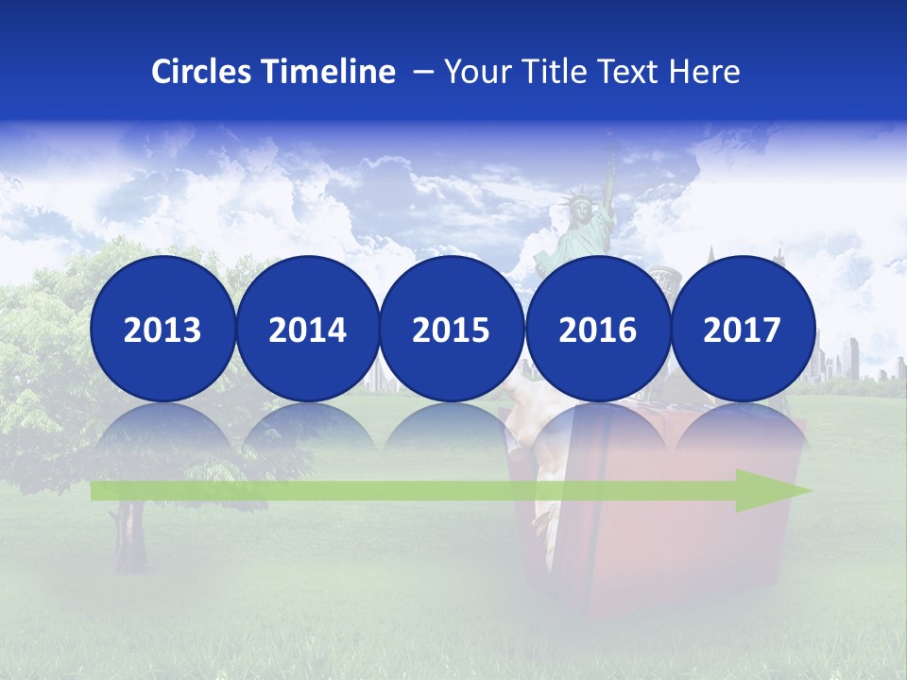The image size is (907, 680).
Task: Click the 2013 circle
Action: [x=163, y=329]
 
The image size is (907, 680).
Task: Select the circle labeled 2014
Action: [x=307, y=329]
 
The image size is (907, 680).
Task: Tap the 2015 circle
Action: [x=452, y=329]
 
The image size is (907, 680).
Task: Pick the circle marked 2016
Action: [x=597, y=329]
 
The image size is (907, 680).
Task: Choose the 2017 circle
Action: [x=743, y=329]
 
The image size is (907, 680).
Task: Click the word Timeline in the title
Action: [x=330, y=72]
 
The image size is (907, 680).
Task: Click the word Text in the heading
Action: [x=631, y=72]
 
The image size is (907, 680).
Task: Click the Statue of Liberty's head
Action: [x=573, y=203]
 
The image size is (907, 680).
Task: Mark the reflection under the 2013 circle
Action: [x=163, y=434]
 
